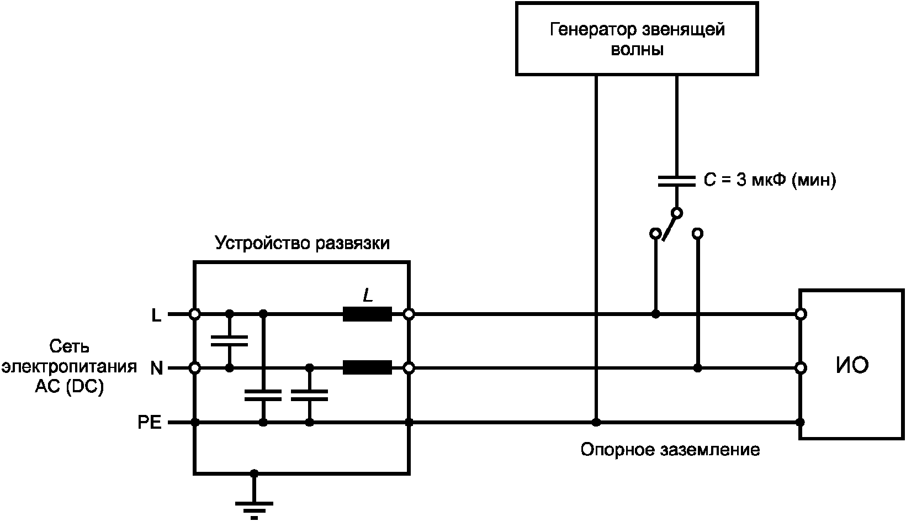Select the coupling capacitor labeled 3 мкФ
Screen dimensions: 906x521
click(x=677, y=181)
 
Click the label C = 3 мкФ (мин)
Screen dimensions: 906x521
click(x=770, y=180)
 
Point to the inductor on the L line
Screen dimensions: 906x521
click(x=367, y=314)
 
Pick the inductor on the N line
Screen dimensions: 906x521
click(x=367, y=367)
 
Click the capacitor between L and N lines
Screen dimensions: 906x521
click(x=229, y=341)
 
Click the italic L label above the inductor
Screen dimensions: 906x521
click(x=368, y=296)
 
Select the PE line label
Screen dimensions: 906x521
click(x=150, y=423)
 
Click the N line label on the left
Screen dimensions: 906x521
click(x=157, y=369)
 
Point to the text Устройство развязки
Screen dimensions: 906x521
click(x=303, y=243)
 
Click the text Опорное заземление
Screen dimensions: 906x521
click(x=670, y=450)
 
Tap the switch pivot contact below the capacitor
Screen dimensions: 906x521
click(x=677, y=213)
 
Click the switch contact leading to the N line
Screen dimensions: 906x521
click(x=698, y=234)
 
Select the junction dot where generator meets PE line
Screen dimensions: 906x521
click(x=596, y=423)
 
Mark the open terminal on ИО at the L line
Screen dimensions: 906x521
click(x=801, y=314)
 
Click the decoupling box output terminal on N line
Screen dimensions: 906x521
click(x=409, y=368)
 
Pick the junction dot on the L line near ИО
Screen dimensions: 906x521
click(x=656, y=314)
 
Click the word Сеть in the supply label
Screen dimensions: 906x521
click(x=69, y=347)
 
